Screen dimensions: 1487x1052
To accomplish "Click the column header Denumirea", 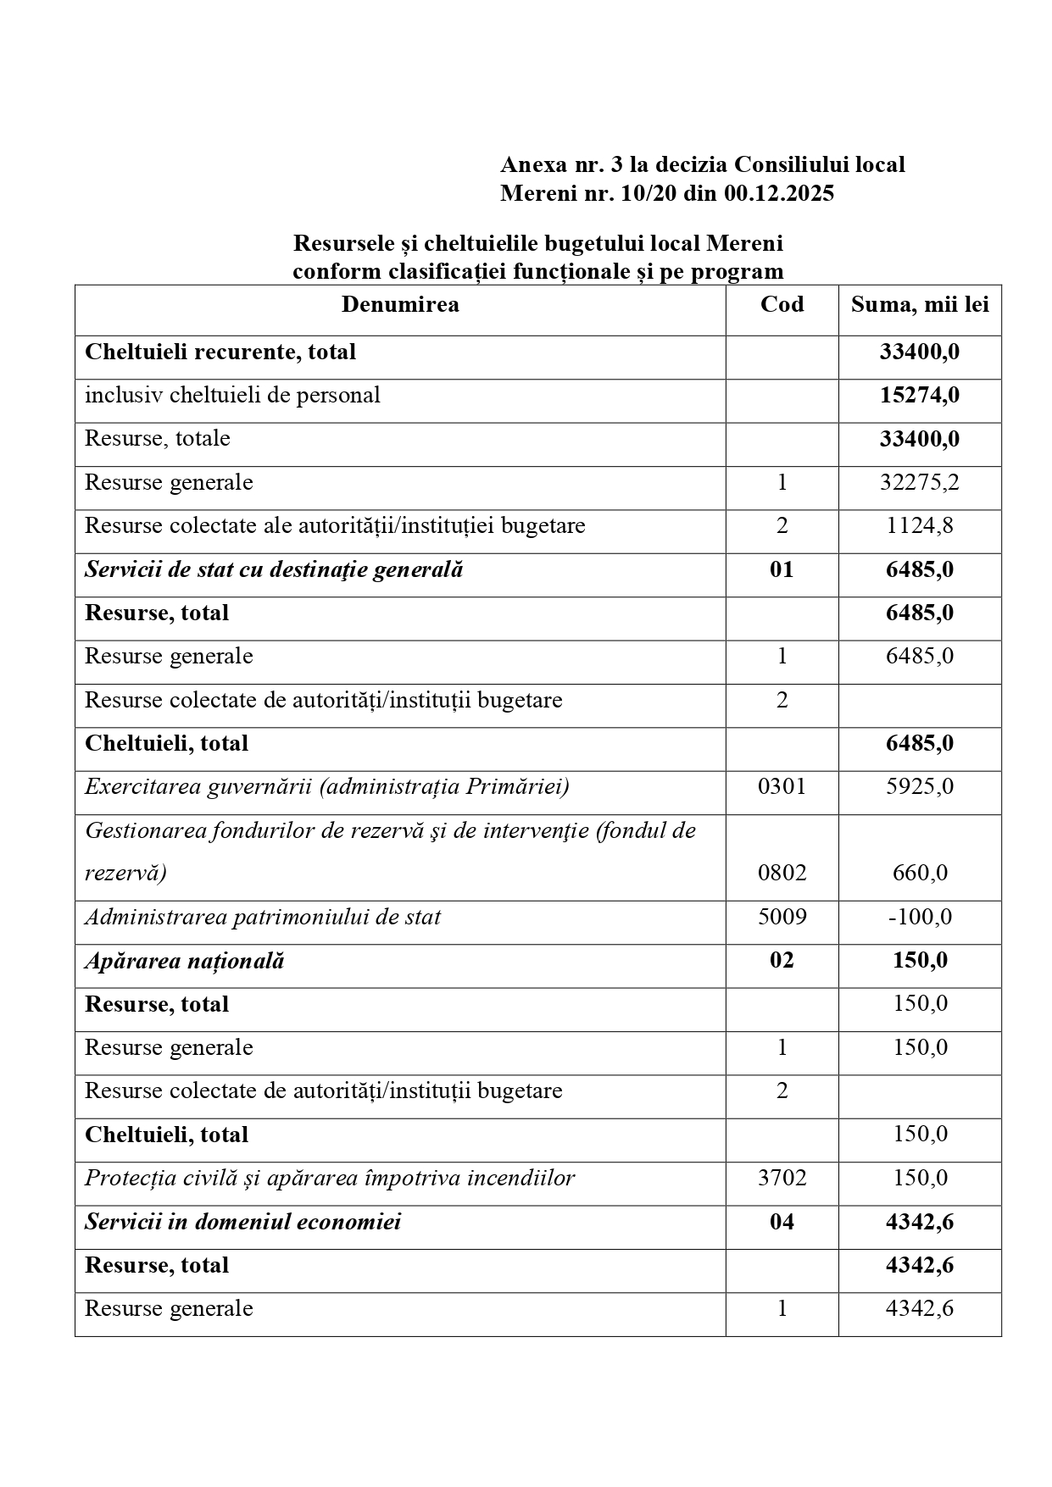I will [x=400, y=305].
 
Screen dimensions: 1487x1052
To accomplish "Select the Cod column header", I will [x=782, y=305].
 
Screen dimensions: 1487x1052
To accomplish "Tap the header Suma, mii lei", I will [x=920, y=305].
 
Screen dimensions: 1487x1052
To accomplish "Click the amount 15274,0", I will [x=920, y=396].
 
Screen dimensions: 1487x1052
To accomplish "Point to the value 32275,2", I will [x=920, y=483].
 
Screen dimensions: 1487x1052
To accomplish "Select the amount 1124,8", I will [x=920, y=526].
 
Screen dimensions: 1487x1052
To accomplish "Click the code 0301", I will [x=782, y=787].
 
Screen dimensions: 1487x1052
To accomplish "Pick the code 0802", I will [x=782, y=873].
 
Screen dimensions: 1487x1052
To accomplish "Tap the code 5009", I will [x=782, y=917].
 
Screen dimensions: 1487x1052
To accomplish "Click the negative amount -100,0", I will [x=920, y=917].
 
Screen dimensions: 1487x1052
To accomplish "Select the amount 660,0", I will [x=920, y=873].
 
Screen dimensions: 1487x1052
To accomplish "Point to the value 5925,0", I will [x=920, y=787].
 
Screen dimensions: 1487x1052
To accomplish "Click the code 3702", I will [x=782, y=1178].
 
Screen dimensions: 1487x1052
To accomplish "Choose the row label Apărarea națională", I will [x=185, y=961].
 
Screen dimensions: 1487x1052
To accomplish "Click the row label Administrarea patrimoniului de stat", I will [x=263, y=917].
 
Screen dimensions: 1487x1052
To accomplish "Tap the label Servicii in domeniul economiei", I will [x=243, y=1222].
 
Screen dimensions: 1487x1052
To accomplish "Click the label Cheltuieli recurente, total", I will [x=220, y=352].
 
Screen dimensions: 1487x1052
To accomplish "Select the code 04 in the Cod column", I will [x=782, y=1222].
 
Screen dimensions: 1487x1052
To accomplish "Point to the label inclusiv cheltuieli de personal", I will [x=232, y=396].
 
